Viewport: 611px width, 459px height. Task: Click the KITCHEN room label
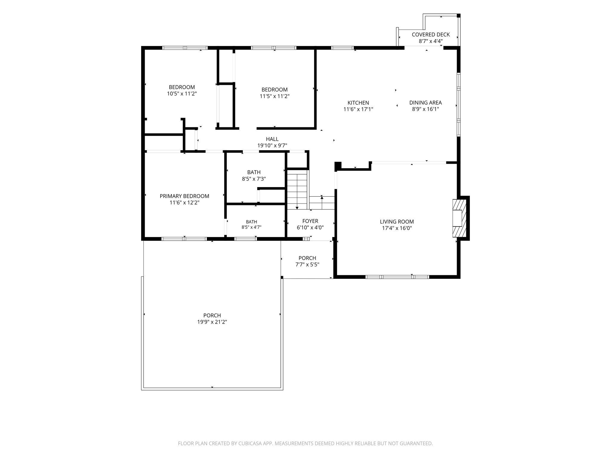point(358,103)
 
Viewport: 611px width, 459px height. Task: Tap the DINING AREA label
point(425,103)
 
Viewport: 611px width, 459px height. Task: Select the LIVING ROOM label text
point(397,222)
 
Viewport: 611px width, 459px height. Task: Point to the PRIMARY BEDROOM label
point(184,196)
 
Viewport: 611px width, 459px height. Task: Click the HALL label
point(272,139)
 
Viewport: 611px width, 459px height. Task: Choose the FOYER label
point(310,221)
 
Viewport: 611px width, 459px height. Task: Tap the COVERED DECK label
point(431,35)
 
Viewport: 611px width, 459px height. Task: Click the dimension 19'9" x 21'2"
point(212,322)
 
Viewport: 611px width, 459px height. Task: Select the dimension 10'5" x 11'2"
point(182,94)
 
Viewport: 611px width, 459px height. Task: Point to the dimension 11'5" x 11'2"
point(274,96)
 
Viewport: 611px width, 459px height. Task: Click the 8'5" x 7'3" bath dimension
point(254,179)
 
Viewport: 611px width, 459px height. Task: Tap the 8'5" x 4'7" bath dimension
point(252,227)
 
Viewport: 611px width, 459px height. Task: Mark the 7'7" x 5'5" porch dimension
point(307,264)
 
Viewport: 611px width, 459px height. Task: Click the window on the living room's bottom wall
point(397,277)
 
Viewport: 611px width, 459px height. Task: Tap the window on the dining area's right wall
point(459,105)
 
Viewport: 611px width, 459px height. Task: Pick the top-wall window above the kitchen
point(342,48)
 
